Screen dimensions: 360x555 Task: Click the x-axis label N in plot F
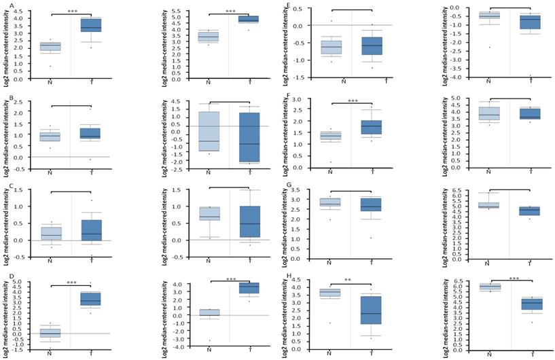pyautogui.click(x=331, y=170)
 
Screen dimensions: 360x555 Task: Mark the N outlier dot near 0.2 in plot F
pyautogui.click(x=331, y=162)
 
